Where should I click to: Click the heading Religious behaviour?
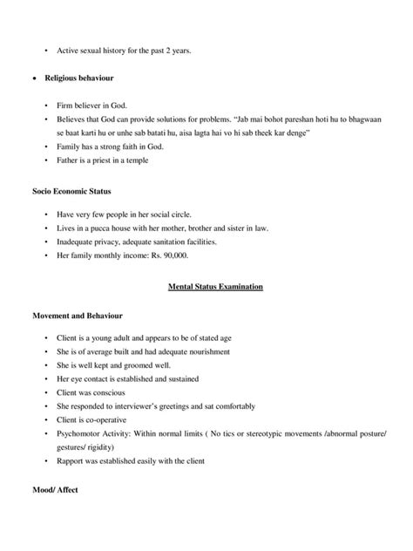[x=85, y=78]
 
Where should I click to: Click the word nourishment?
[x=206, y=351]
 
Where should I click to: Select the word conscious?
[x=111, y=393]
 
